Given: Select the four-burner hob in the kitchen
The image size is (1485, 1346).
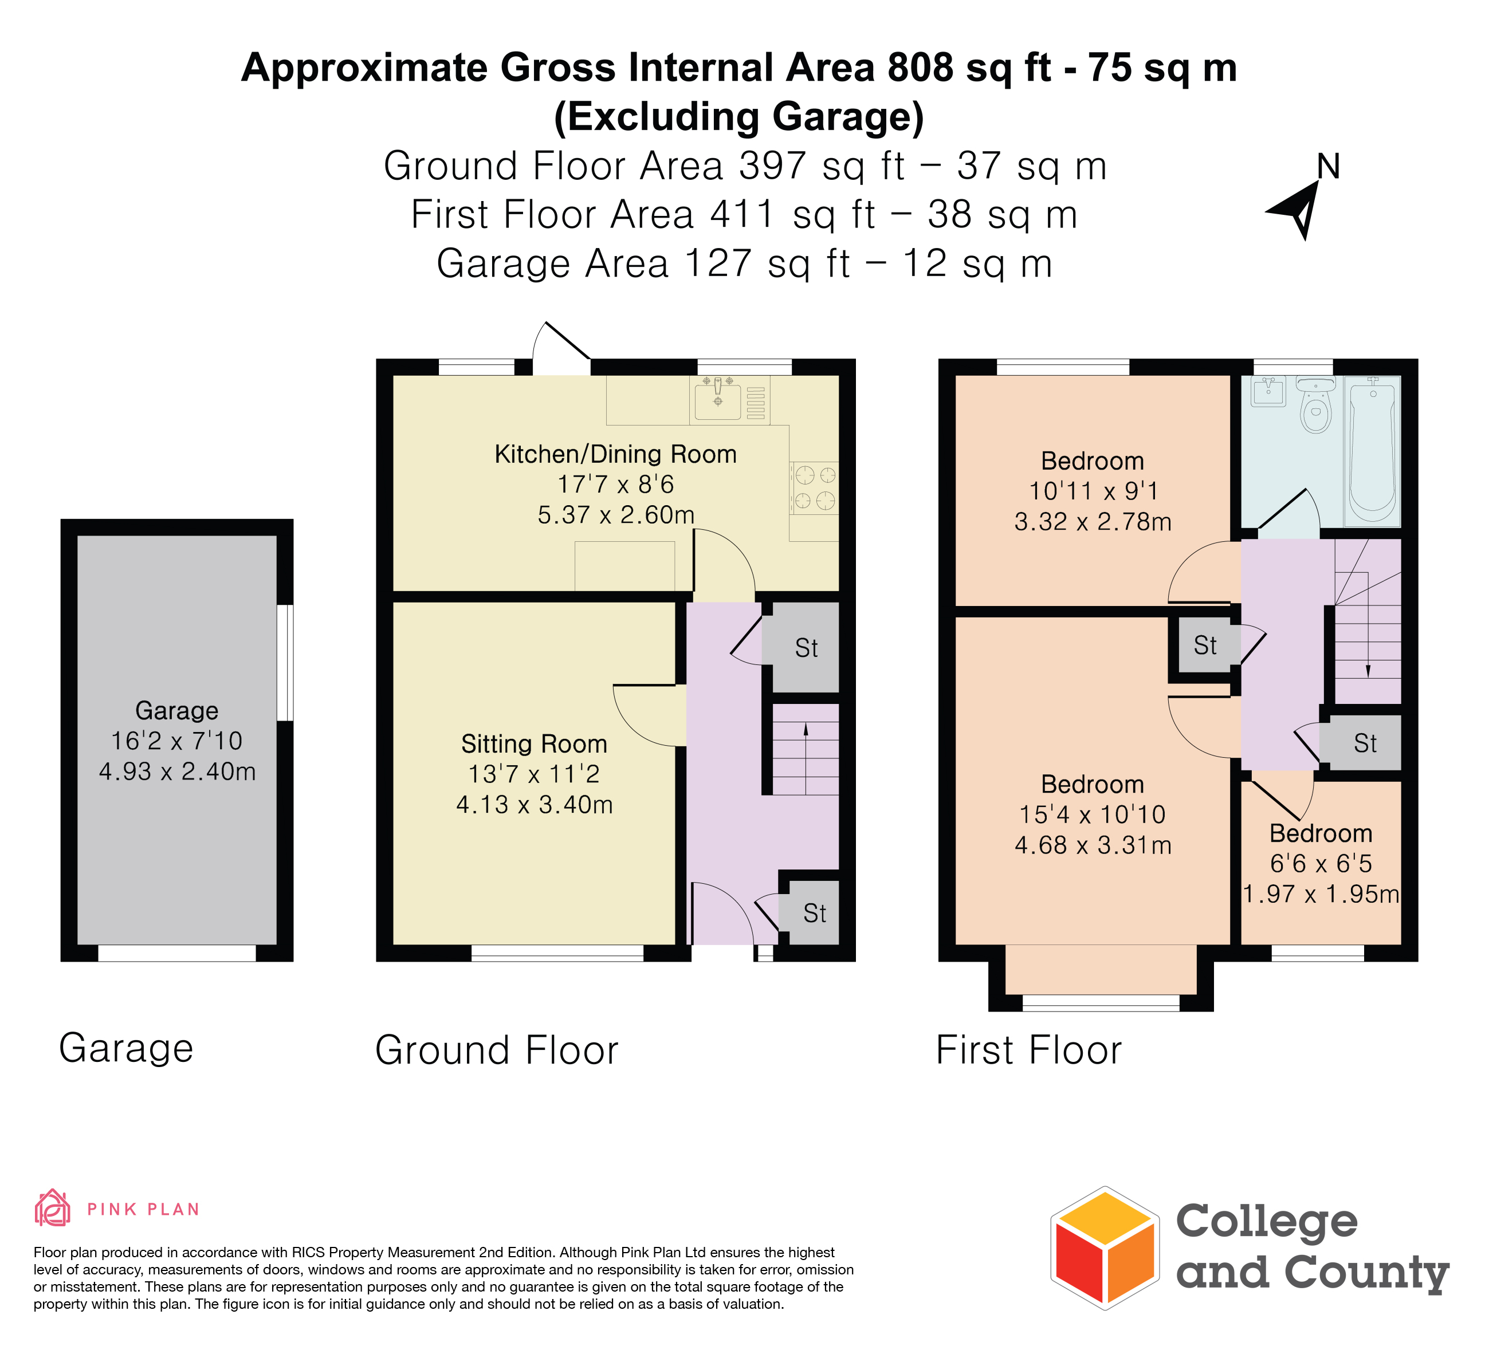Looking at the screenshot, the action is (815, 487).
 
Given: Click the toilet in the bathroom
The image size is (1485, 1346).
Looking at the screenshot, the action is (1315, 405).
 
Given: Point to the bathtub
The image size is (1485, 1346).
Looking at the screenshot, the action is (1372, 451).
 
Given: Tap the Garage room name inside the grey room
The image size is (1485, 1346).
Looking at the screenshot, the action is (177, 711).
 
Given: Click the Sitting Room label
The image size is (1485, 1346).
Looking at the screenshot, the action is (535, 743).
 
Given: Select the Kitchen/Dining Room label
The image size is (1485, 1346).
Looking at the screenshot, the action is (616, 454).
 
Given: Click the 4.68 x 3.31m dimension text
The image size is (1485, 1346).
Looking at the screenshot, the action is (1093, 845).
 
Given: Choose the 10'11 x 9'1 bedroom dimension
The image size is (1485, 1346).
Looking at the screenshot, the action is (1093, 491).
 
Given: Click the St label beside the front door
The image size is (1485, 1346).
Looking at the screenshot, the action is (815, 914).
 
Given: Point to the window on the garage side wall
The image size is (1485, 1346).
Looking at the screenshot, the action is (285, 663).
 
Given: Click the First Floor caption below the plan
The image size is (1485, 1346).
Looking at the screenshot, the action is (1028, 1050).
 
